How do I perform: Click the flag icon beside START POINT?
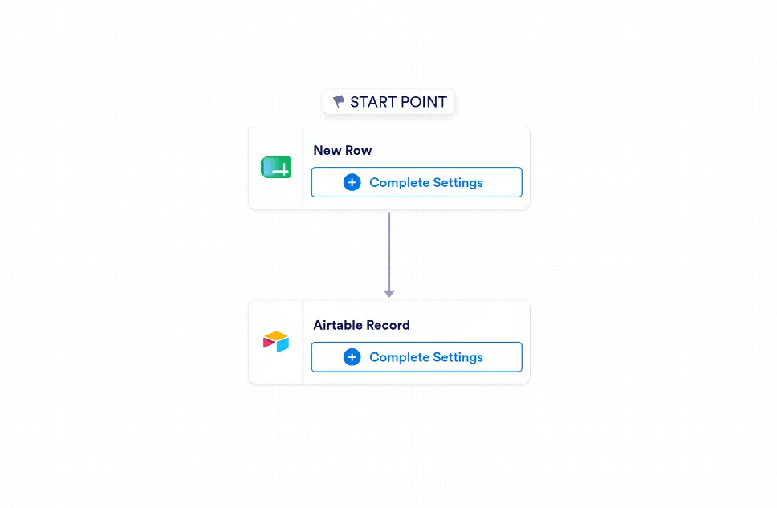click(339, 101)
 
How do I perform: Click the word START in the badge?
click(372, 102)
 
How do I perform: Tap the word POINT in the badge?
click(423, 102)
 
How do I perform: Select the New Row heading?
click(343, 150)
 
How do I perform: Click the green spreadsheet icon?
click(276, 167)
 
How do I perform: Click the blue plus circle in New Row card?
click(352, 182)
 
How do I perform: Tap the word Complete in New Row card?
click(400, 183)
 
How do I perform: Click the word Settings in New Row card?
click(458, 183)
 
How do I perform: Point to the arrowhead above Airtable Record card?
click(389, 294)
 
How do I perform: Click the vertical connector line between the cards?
click(389, 252)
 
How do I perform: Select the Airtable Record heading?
click(362, 325)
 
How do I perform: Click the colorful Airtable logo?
click(276, 341)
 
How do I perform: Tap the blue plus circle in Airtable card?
click(352, 357)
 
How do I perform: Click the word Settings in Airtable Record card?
click(458, 357)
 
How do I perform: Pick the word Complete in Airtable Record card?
click(400, 357)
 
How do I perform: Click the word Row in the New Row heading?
click(358, 150)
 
